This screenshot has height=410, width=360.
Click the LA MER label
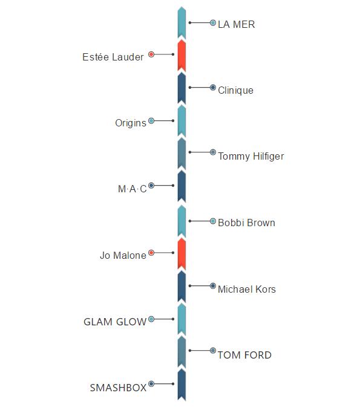(x=236, y=24)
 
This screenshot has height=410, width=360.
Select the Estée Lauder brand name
(x=113, y=57)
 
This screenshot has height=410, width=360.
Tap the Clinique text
(x=235, y=91)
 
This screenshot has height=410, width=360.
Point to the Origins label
(x=131, y=123)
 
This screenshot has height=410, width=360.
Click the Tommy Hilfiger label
(x=251, y=157)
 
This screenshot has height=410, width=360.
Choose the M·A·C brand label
(x=133, y=189)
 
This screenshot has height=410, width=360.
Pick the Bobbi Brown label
(x=246, y=223)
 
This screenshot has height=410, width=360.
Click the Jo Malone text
(x=123, y=255)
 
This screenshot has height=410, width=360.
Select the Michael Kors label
(x=247, y=289)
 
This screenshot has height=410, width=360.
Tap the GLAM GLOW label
(x=115, y=322)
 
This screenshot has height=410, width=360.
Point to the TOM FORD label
(x=244, y=355)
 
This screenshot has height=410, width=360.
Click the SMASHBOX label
(x=118, y=388)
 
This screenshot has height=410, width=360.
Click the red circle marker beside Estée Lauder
(x=151, y=54)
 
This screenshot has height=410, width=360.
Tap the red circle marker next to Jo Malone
(x=151, y=253)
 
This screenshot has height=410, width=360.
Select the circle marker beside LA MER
(x=213, y=23)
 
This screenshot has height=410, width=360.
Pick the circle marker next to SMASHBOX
(x=151, y=384)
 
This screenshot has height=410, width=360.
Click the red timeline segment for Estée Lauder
(x=182, y=56)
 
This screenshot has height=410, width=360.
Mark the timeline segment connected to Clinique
(x=182, y=88)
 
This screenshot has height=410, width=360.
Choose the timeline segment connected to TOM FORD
(x=182, y=352)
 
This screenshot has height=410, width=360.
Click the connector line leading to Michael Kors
(x=200, y=286)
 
